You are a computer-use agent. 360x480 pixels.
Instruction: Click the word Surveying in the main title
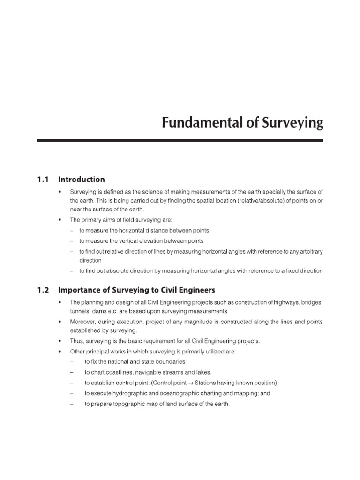coord(293,124)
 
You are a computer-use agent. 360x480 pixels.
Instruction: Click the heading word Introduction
coord(81,180)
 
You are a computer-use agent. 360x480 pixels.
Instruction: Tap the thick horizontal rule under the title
coord(180,140)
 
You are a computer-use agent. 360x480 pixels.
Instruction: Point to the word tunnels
coord(80,312)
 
